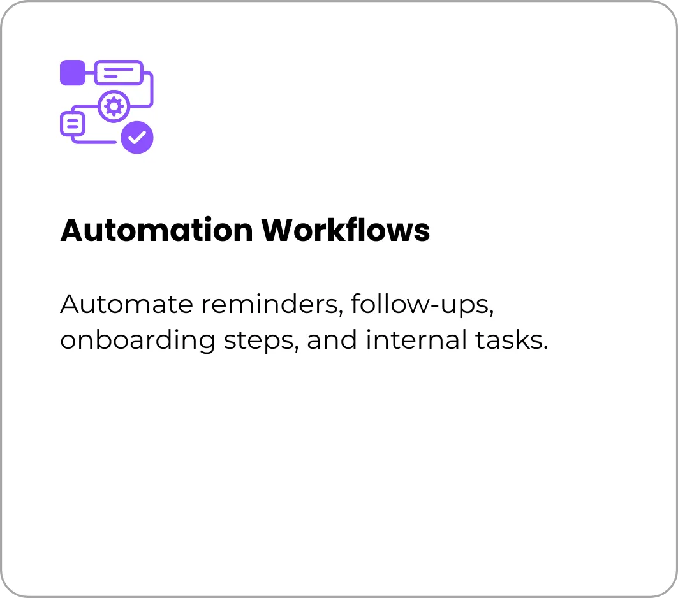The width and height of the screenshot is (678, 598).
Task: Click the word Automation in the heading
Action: pos(156,230)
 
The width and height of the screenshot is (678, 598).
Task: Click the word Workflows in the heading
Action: pos(346,230)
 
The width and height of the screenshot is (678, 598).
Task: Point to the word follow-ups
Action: pos(422,305)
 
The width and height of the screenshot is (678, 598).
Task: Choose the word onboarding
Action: pos(138,340)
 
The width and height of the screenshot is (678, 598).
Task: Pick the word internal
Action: pos(416,340)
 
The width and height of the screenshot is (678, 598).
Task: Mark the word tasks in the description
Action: pos(508,340)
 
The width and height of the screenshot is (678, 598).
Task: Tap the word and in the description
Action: pos(332,340)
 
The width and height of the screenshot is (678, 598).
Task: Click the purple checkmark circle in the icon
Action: pos(137,138)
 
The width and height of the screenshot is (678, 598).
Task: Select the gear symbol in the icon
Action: pos(114,106)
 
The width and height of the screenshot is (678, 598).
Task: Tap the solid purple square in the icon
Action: pos(73,73)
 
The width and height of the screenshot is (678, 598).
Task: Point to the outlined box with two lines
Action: pos(119,73)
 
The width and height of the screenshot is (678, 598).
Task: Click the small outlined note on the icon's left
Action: pos(72,124)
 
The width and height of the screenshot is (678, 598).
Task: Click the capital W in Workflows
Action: pos(279,230)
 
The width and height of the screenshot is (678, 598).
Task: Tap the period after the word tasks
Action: pos(546,348)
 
